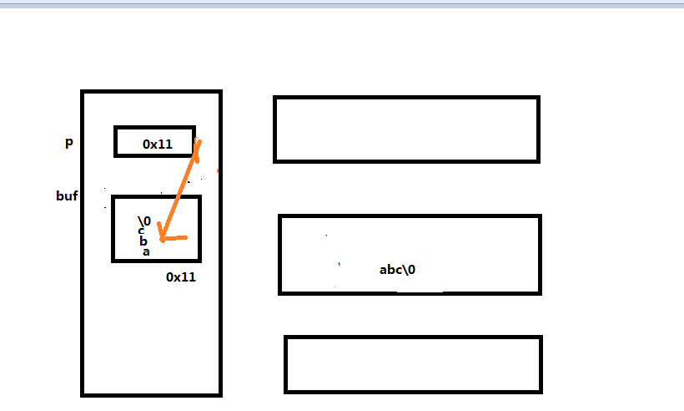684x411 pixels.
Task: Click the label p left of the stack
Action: (69, 142)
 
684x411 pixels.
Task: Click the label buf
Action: (67, 197)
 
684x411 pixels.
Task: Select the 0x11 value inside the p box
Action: (157, 144)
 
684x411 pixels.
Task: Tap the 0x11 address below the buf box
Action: (181, 277)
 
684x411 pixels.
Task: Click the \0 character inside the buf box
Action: (143, 221)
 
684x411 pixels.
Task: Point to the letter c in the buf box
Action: (142, 231)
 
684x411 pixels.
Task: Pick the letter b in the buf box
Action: (143, 241)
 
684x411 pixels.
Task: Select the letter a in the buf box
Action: (145, 251)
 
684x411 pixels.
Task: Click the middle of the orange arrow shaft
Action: (181, 190)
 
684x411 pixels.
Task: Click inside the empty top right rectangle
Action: (406, 129)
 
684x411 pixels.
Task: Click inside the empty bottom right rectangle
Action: (413, 364)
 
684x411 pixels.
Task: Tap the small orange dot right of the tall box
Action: (218, 170)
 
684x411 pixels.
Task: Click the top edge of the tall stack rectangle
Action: (151, 92)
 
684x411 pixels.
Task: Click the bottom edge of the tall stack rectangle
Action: (151, 393)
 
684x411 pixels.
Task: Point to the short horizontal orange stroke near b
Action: (177, 238)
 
